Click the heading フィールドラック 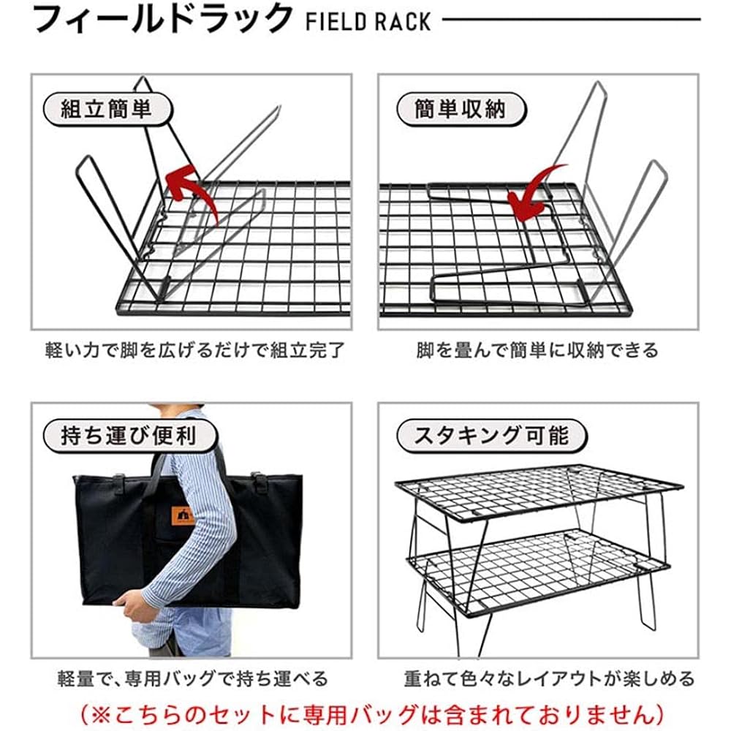click(x=162, y=19)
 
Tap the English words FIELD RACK click(x=368, y=22)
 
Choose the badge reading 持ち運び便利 click(x=129, y=436)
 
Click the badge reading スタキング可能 click(x=491, y=436)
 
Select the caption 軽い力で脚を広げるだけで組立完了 click(x=195, y=350)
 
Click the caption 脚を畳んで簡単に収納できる click(x=537, y=350)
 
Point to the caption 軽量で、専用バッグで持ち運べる click(x=193, y=678)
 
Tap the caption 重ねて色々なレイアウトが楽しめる click(x=549, y=678)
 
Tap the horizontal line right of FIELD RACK click(x=571, y=20)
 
